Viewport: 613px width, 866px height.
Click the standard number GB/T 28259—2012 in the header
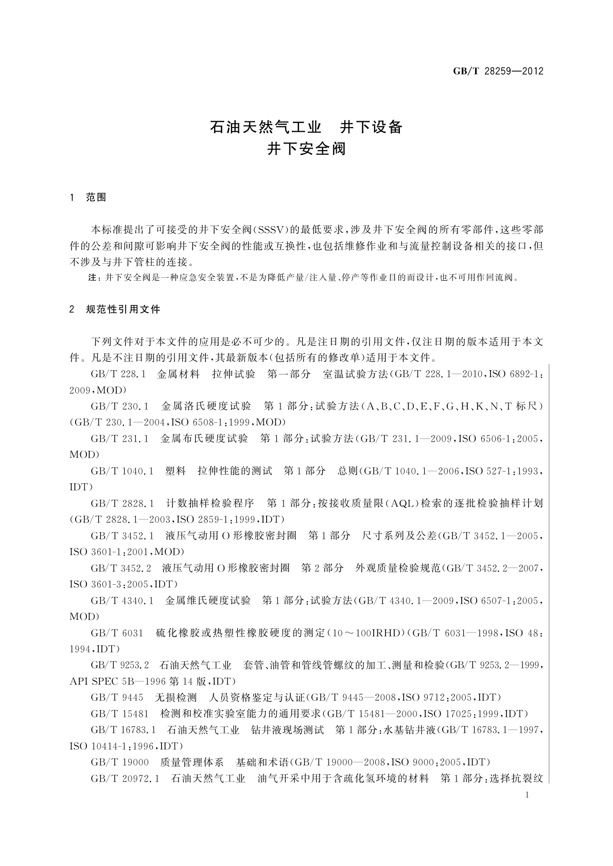click(x=498, y=71)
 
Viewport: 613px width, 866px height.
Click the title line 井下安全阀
click(x=306, y=149)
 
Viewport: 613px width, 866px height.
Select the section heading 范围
click(x=96, y=197)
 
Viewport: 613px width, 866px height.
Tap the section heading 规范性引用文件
click(x=124, y=309)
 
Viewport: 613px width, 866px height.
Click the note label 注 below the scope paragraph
click(x=93, y=278)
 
